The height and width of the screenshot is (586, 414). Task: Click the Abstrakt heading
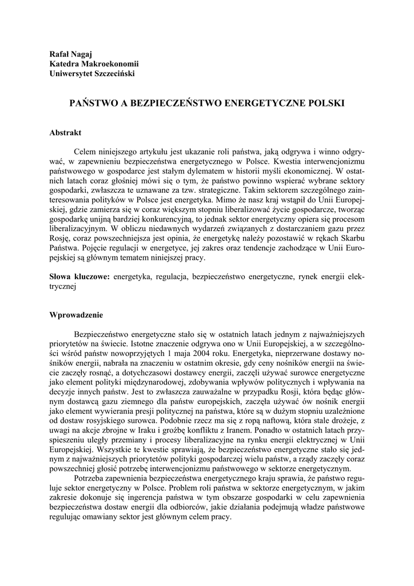click(66, 132)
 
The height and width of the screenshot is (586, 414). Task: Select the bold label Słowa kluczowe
click(79, 276)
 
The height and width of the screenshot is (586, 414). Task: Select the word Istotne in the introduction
click(144, 345)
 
